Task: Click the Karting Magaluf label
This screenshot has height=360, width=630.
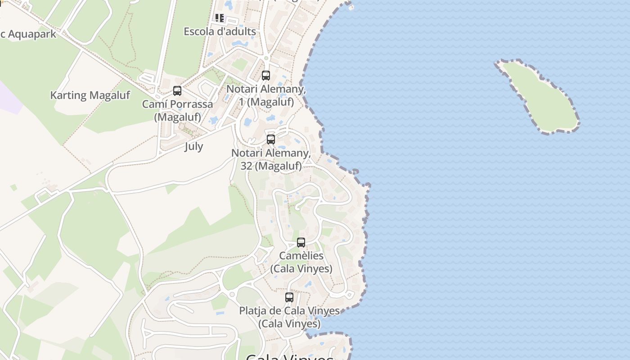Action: (x=90, y=95)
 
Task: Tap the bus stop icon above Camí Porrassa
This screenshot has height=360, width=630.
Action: (x=177, y=91)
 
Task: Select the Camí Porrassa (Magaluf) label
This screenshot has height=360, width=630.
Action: (x=178, y=111)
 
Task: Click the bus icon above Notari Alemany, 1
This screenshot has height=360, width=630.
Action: (x=266, y=76)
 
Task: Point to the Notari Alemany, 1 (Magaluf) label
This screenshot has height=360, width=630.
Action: (x=266, y=95)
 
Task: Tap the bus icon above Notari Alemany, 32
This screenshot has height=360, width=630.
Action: (x=270, y=139)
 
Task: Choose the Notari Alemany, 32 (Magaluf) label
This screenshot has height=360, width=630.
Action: (x=271, y=159)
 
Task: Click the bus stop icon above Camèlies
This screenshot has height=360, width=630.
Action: (x=301, y=243)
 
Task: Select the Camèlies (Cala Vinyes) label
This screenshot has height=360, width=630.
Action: (x=301, y=262)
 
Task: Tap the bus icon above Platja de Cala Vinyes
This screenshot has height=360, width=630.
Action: (x=289, y=297)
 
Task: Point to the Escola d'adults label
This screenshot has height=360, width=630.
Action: (x=220, y=31)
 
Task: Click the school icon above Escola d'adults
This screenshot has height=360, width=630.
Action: (x=220, y=18)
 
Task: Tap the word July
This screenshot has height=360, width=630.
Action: (x=193, y=146)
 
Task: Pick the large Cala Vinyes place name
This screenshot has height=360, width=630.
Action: (x=290, y=357)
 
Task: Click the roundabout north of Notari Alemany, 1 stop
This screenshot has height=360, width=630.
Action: (x=266, y=58)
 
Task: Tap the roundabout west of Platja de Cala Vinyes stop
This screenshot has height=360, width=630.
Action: (x=232, y=295)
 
